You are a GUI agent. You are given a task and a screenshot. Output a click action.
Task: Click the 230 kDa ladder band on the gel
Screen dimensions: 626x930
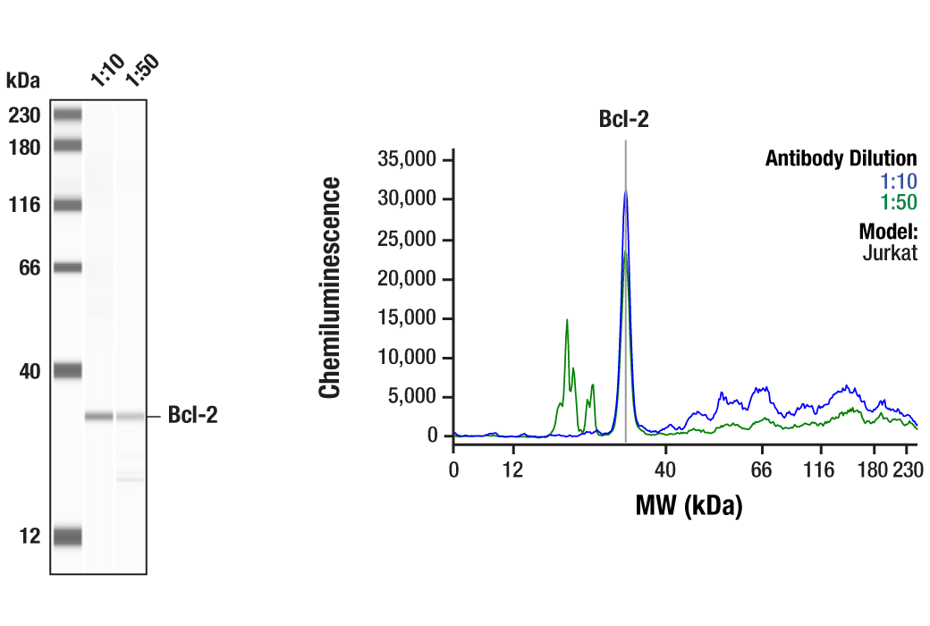[x=67, y=114]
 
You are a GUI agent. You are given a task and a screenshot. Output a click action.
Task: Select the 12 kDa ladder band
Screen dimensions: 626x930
[x=67, y=537]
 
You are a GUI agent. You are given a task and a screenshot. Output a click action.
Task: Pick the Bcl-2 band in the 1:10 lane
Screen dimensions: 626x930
[x=98, y=416]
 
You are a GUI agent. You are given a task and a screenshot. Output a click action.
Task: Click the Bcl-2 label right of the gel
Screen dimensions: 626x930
[x=192, y=416]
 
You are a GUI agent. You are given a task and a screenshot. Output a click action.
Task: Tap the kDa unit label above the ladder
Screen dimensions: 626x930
[x=22, y=81]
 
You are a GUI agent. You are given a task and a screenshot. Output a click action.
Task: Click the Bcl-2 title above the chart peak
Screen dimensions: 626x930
[x=623, y=119]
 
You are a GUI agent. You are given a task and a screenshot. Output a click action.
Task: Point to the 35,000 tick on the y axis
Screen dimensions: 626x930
[x=407, y=160]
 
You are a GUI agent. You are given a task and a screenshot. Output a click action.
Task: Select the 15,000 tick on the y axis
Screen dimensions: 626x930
[x=407, y=318]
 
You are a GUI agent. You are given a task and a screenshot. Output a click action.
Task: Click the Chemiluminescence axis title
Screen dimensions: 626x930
[x=331, y=287]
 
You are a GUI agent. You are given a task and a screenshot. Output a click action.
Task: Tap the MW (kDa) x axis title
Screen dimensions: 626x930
[x=689, y=507]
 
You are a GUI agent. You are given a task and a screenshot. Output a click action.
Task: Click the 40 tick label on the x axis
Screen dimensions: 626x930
[x=664, y=470]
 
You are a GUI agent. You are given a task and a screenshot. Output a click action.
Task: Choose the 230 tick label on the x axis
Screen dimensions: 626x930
[x=906, y=470]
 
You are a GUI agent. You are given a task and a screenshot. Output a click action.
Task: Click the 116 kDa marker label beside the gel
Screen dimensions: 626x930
[x=25, y=205]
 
